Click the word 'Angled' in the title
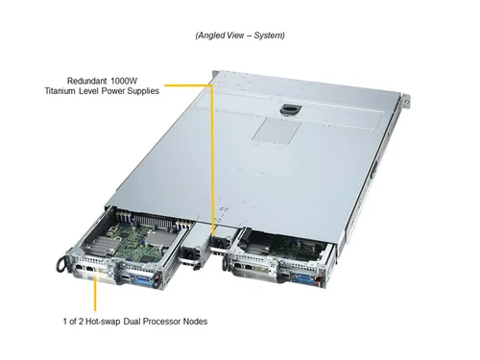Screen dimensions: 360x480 point(214,36)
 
